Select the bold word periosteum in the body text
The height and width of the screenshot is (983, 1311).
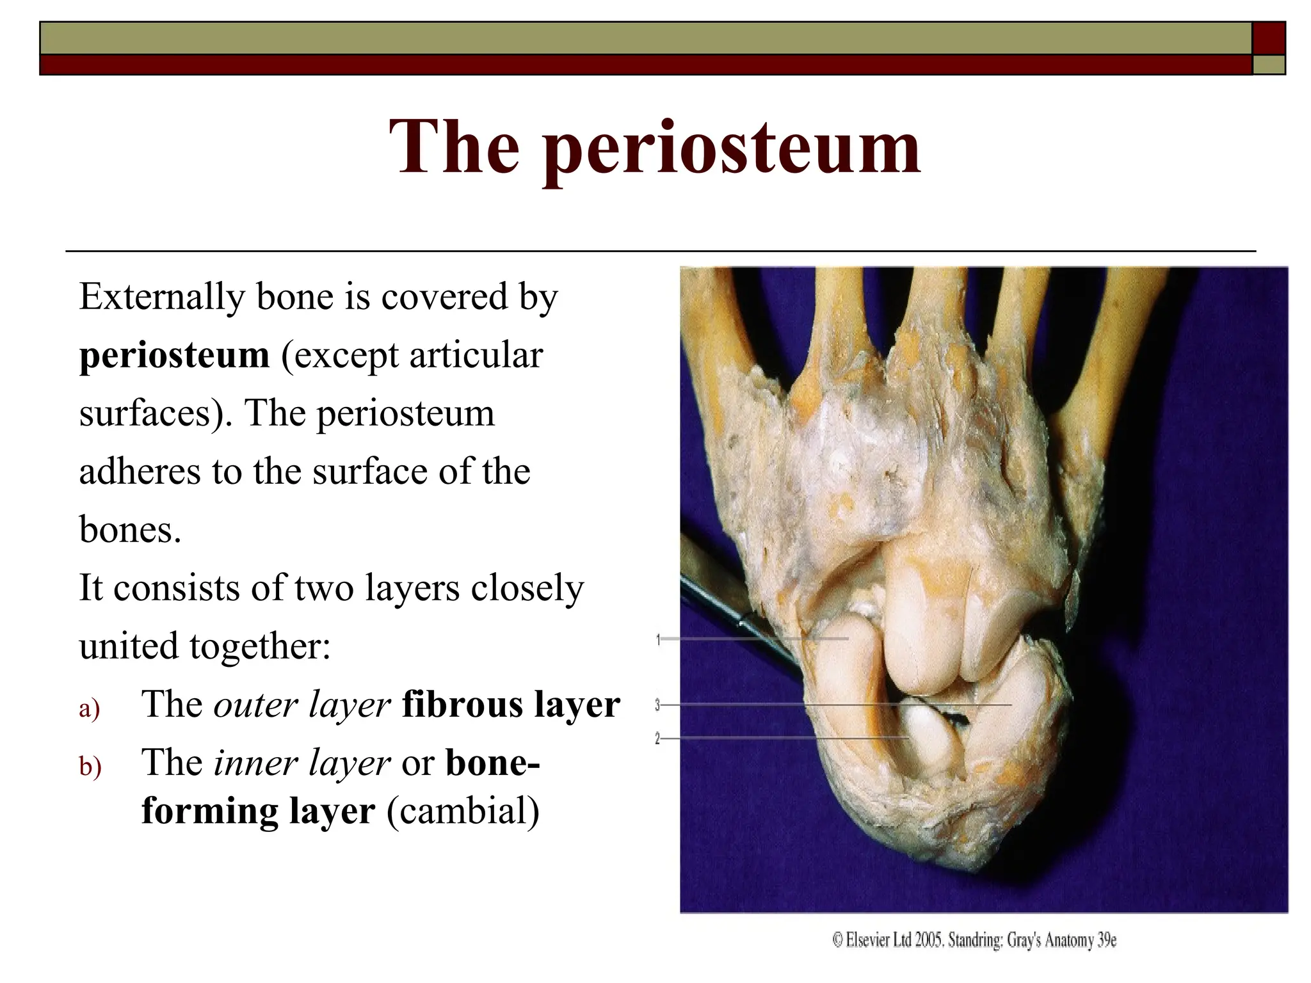(x=174, y=355)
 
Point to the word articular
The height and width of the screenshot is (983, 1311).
(x=476, y=355)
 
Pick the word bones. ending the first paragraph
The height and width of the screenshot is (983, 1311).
(x=130, y=530)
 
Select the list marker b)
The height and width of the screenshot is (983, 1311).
(x=90, y=767)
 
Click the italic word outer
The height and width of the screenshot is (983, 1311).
(x=255, y=705)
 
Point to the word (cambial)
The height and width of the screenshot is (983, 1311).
(x=463, y=811)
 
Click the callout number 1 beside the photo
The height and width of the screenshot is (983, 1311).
(x=658, y=639)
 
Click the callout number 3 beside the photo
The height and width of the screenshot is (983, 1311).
(x=657, y=705)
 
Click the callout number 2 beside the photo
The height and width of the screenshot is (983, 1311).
(x=657, y=739)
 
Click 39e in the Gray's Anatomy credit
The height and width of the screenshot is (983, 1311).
(x=1107, y=940)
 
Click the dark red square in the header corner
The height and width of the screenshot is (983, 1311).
(x=1268, y=38)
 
